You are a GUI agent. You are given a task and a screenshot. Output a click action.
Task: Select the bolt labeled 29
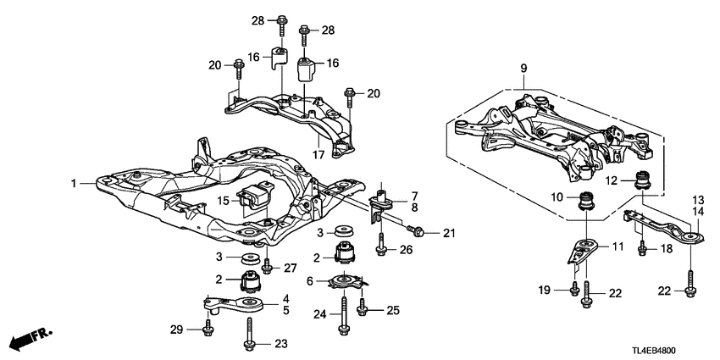coord(208,325)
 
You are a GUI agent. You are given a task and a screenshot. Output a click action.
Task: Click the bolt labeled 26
coord(381,246)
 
